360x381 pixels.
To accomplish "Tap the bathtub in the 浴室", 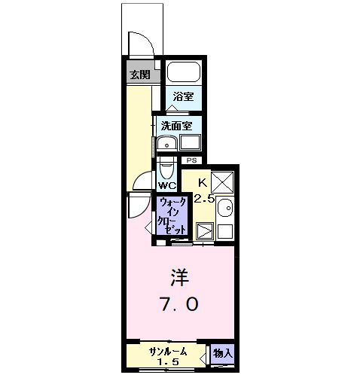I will pyautogui.click(x=182, y=73).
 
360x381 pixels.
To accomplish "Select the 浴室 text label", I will pyautogui.click(x=183, y=96).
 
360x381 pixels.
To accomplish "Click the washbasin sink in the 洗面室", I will pyautogui.click(x=168, y=144).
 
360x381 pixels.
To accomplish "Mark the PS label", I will pyautogui.click(x=191, y=160).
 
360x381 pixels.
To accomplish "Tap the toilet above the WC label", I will pyautogui.click(x=167, y=166).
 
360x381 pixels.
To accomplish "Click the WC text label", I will pyautogui.click(x=167, y=185).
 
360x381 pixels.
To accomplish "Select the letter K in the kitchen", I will pyautogui.click(x=203, y=182).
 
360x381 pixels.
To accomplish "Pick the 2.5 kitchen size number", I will pyautogui.click(x=204, y=199).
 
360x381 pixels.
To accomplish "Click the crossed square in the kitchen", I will pyautogui.click(x=222, y=183).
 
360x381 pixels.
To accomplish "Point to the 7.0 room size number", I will pyautogui.click(x=179, y=304).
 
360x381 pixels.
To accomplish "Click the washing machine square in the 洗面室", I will pyautogui.click(x=190, y=142).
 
